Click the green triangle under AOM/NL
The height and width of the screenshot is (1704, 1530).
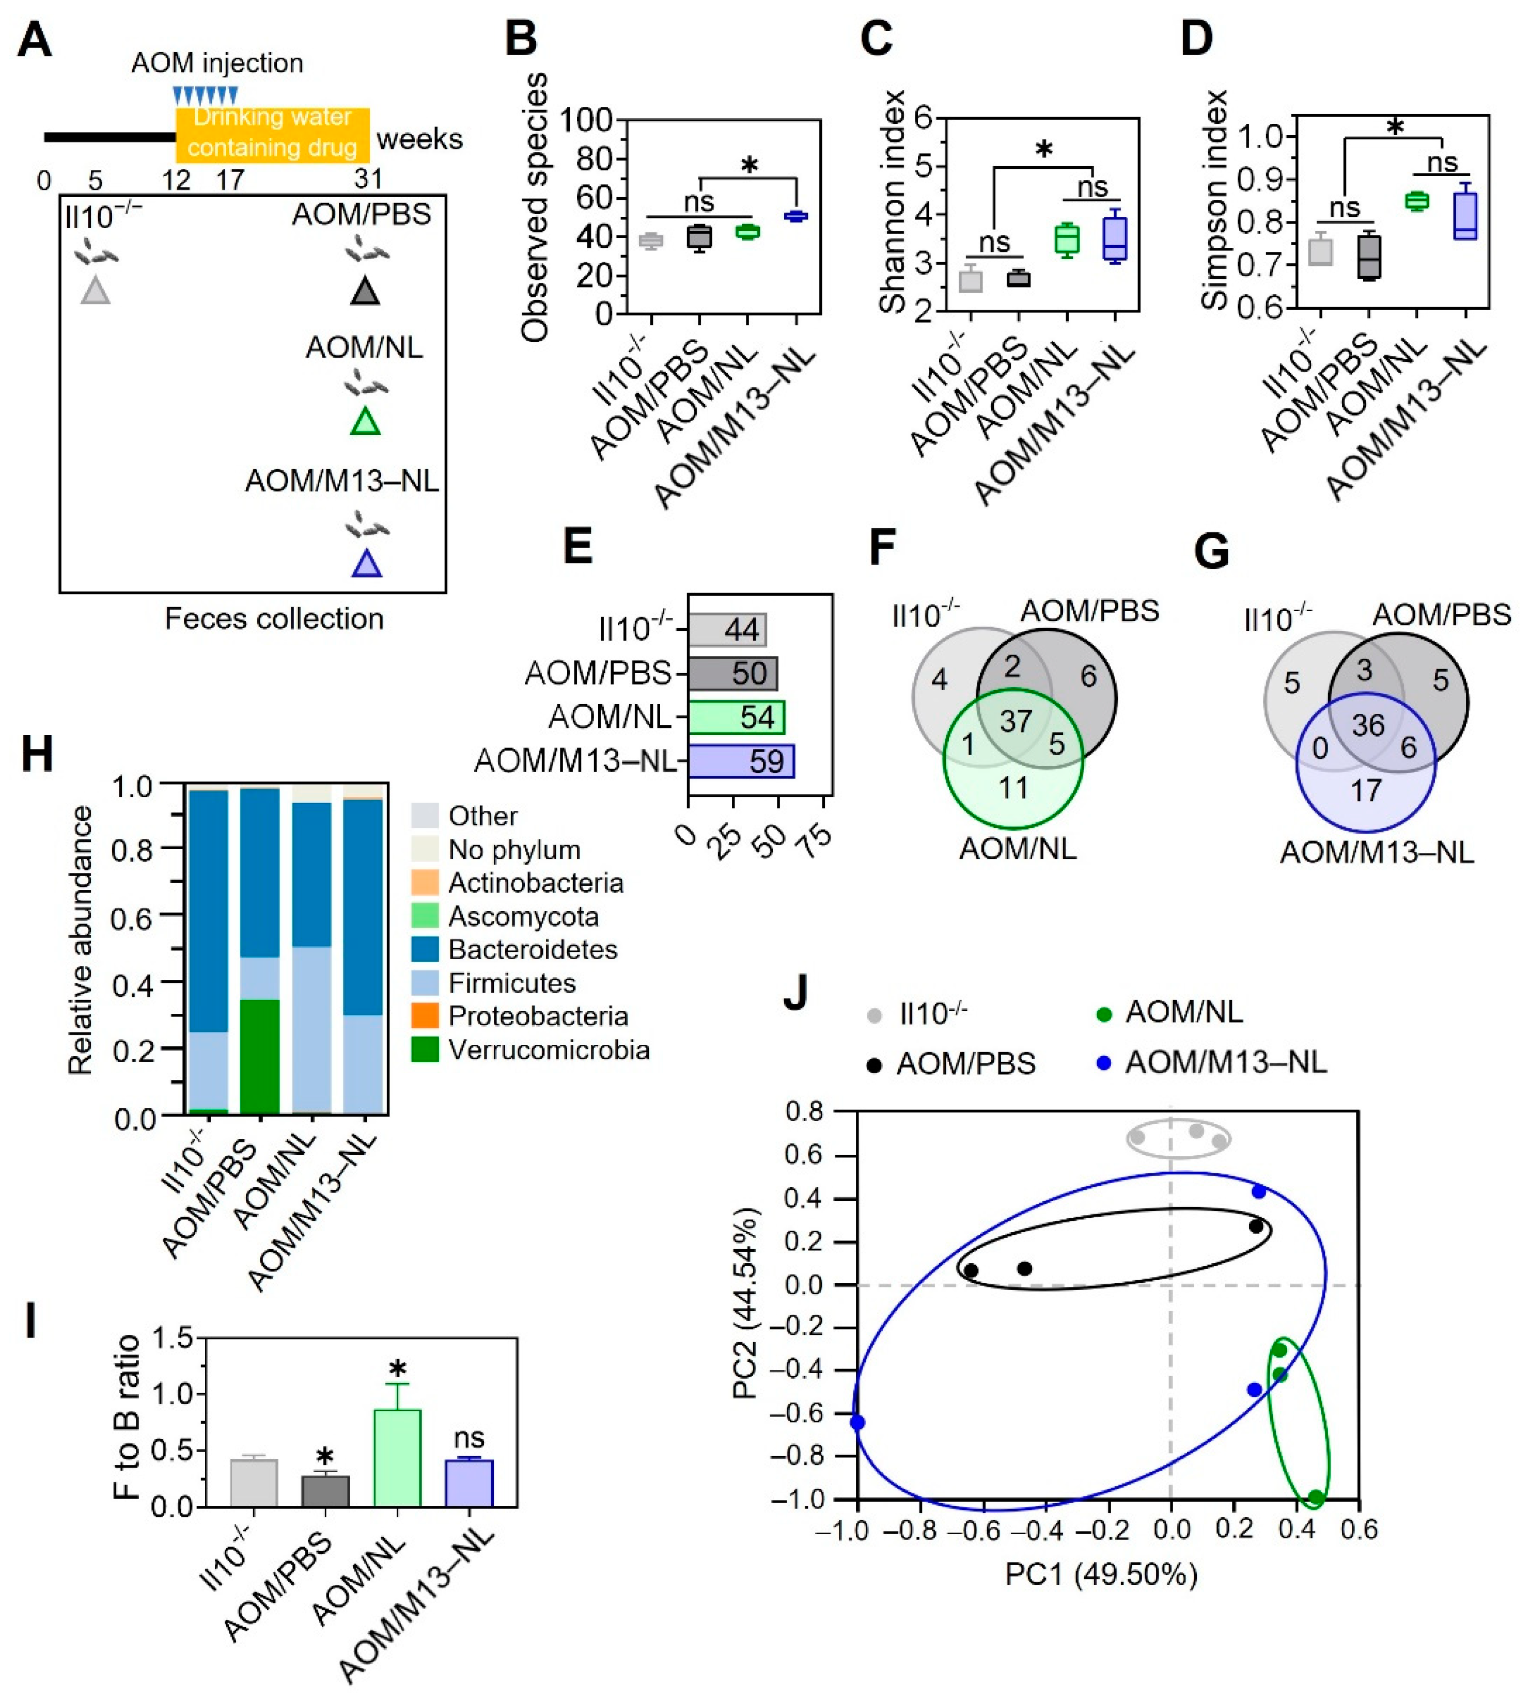pyautogui.click(x=365, y=422)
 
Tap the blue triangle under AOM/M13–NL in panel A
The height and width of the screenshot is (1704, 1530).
pyautogui.click(x=367, y=564)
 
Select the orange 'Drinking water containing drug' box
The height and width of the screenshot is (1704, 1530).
pyautogui.click(x=272, y=134)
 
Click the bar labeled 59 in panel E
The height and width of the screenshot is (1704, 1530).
pyautogui.click(x=741, y=761)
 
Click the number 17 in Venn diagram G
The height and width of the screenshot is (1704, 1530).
pyautogui.click(x=1365, y=791)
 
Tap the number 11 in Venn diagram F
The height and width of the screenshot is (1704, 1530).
pyautogui.click(x=1013, y=788)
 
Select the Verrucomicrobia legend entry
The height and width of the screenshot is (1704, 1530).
pyautogui.click(x=548, y=1050)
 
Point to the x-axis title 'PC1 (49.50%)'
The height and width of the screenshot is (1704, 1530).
pyautogui.click(x=1100, y=1574)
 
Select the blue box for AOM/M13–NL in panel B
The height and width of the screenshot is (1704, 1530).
pyautogui.click(x=795, y=216)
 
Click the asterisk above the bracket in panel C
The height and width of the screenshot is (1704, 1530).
pyautogui.click(x=1043, y=150)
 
